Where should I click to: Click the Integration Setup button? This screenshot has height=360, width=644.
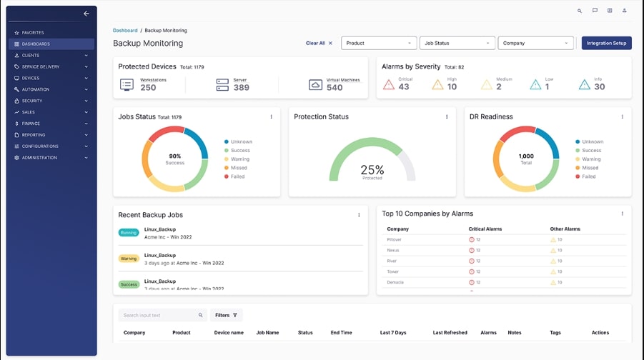tap(606, 43)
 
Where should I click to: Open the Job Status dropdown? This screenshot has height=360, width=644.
tap(457, 43)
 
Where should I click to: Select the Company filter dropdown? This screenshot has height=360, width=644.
tap(535, 43)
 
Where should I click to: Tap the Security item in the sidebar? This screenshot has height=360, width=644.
tap(32, 101)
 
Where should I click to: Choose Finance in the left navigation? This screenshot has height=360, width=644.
tap(31, 124)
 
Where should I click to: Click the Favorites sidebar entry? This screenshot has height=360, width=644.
tap(33, 33)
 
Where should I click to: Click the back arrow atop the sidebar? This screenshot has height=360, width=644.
tap(86, 14)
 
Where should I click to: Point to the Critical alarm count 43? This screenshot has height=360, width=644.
tap(404, 87)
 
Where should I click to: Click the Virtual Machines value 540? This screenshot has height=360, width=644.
tap(335, 88)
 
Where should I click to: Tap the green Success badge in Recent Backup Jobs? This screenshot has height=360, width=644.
tap(129, 284)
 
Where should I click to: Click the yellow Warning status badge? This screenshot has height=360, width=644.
tap(129, 259)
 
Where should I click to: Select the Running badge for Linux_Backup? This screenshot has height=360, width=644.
tap(129, 233)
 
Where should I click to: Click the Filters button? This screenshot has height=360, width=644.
tap(226, 315)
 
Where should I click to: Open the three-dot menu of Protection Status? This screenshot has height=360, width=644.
tap(447, 117)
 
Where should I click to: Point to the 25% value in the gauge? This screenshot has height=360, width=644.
tap(372, 170)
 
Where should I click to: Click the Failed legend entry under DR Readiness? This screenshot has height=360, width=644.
tap(588, 176)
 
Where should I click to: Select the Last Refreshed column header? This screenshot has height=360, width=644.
tap(450, 333)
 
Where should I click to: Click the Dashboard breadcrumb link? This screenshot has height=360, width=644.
tap(125, 31)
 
